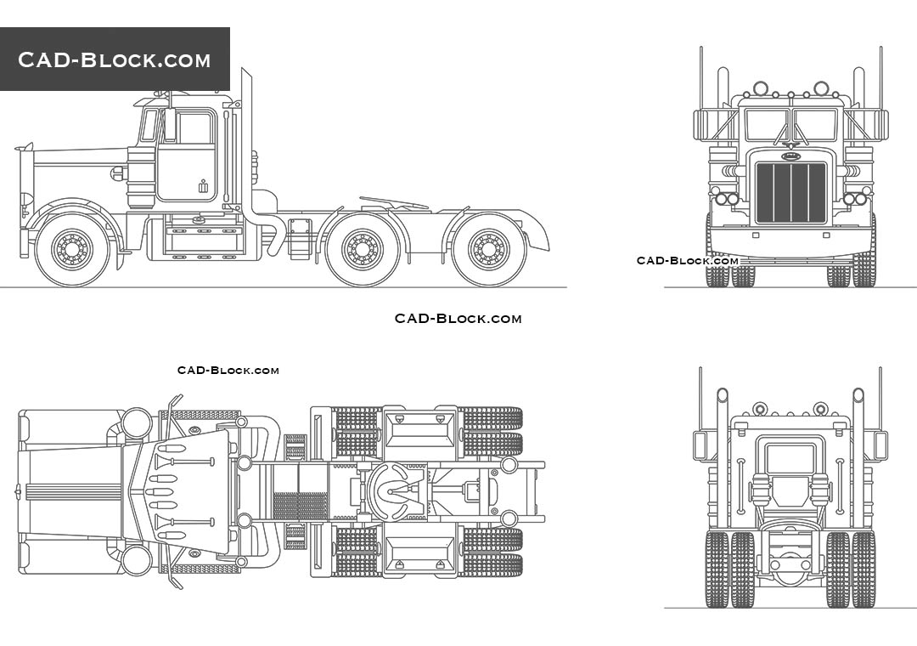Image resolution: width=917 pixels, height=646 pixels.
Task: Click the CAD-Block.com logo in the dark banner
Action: coord(115,59)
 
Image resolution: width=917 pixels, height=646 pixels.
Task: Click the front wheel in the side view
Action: coord(71,249)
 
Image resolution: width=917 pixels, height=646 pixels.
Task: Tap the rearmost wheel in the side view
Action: coord(488,249)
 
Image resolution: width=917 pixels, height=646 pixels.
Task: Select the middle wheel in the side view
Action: coord(363,249)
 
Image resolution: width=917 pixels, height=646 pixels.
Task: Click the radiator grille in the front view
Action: coord(791,193)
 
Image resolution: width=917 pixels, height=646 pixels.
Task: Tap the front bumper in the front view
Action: coord(791,241)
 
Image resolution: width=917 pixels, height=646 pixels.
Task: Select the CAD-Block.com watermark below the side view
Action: coord(458,319)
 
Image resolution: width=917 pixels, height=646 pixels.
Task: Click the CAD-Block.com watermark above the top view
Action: coord(228,371)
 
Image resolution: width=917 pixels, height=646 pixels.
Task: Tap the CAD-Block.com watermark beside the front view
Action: coord(688,260)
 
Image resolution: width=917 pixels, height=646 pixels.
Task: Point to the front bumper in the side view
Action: coord(24,204)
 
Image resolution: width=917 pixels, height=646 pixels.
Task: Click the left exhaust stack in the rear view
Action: coord(722,459)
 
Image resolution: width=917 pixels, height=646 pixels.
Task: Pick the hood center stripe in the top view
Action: coord(72,491)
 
